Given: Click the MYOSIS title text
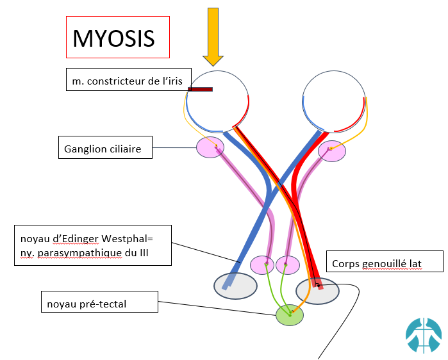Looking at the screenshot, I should tap(113, 38).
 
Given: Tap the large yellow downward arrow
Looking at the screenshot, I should tap(212, 35).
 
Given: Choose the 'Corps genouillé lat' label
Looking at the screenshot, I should tap(377, 263).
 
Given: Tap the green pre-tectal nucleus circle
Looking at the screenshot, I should tap(290, 315).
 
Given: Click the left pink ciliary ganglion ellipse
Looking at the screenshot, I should tap(210, 147).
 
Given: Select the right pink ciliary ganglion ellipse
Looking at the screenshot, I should tap(332, 151).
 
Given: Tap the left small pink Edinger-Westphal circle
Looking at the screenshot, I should tap(261, 264).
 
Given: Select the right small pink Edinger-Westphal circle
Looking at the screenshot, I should tap(287, 264).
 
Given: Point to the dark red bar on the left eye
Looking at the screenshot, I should tap(201, 90).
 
